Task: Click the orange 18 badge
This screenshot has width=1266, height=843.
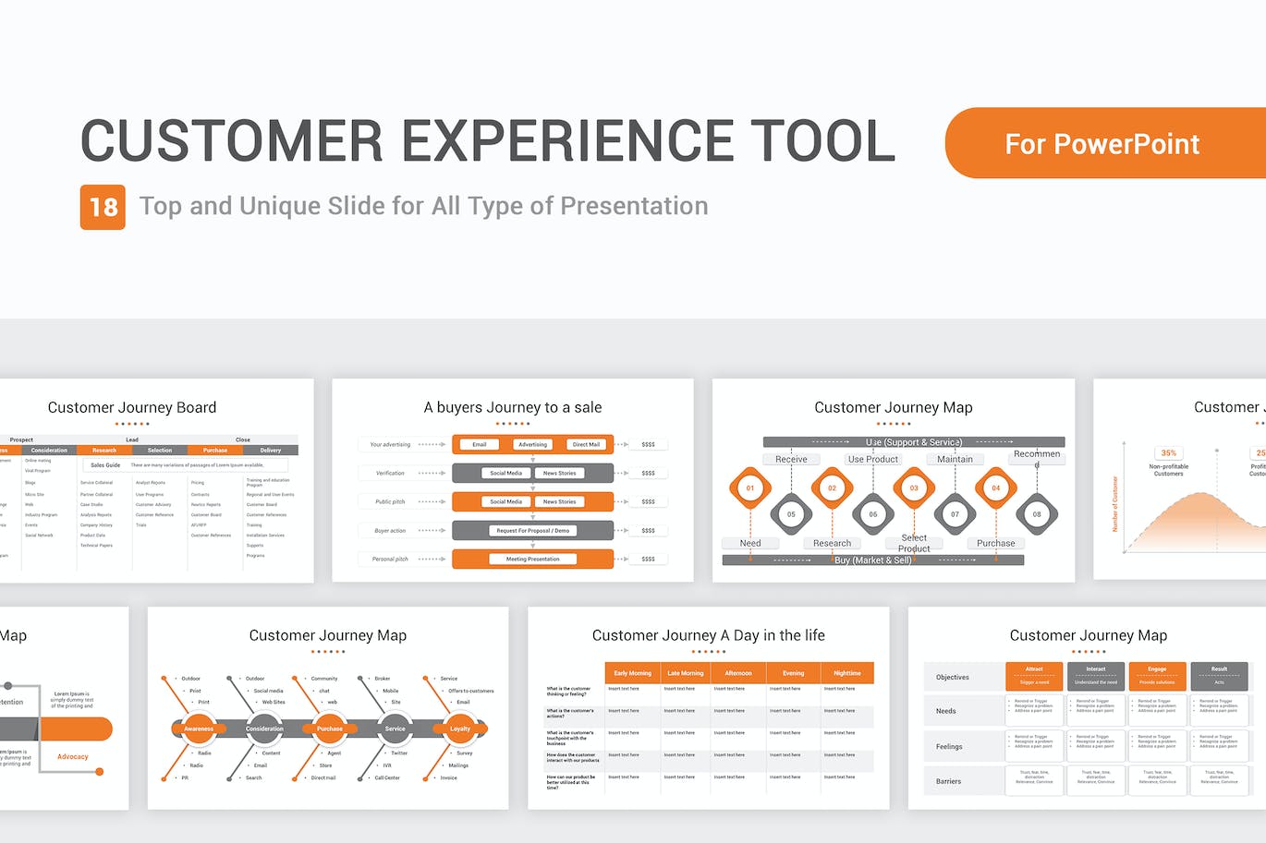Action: [103, 207]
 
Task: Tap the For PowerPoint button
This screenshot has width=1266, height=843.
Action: [1102, 144]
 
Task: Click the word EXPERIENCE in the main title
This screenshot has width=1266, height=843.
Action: [567, 141]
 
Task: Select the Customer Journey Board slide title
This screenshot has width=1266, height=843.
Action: [132, 407]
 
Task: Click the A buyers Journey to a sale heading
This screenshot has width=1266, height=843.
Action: [512, 407]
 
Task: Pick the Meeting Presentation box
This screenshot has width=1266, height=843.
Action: [532, 559]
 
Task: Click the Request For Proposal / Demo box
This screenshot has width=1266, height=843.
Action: [532, 530]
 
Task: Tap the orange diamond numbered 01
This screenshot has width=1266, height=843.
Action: [750, 488]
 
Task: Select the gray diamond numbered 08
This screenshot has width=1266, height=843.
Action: [1037, 514]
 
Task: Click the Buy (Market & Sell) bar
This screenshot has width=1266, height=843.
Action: [872, 560]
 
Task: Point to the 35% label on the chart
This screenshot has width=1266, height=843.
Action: [1169, 452]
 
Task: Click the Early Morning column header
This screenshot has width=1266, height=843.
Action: [632, 673]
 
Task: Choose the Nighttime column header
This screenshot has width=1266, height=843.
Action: [846, 673]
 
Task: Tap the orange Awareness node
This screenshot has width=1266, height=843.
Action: [199, 729]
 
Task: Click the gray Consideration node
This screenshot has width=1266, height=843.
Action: [264, 729]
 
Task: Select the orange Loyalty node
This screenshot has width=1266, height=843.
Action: [459, 729]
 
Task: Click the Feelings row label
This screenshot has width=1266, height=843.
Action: [949, 746]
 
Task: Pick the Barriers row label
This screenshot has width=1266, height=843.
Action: [948, 781]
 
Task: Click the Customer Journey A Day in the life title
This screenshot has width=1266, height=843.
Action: [708, 635]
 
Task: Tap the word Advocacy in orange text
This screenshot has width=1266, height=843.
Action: [73, 756]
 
